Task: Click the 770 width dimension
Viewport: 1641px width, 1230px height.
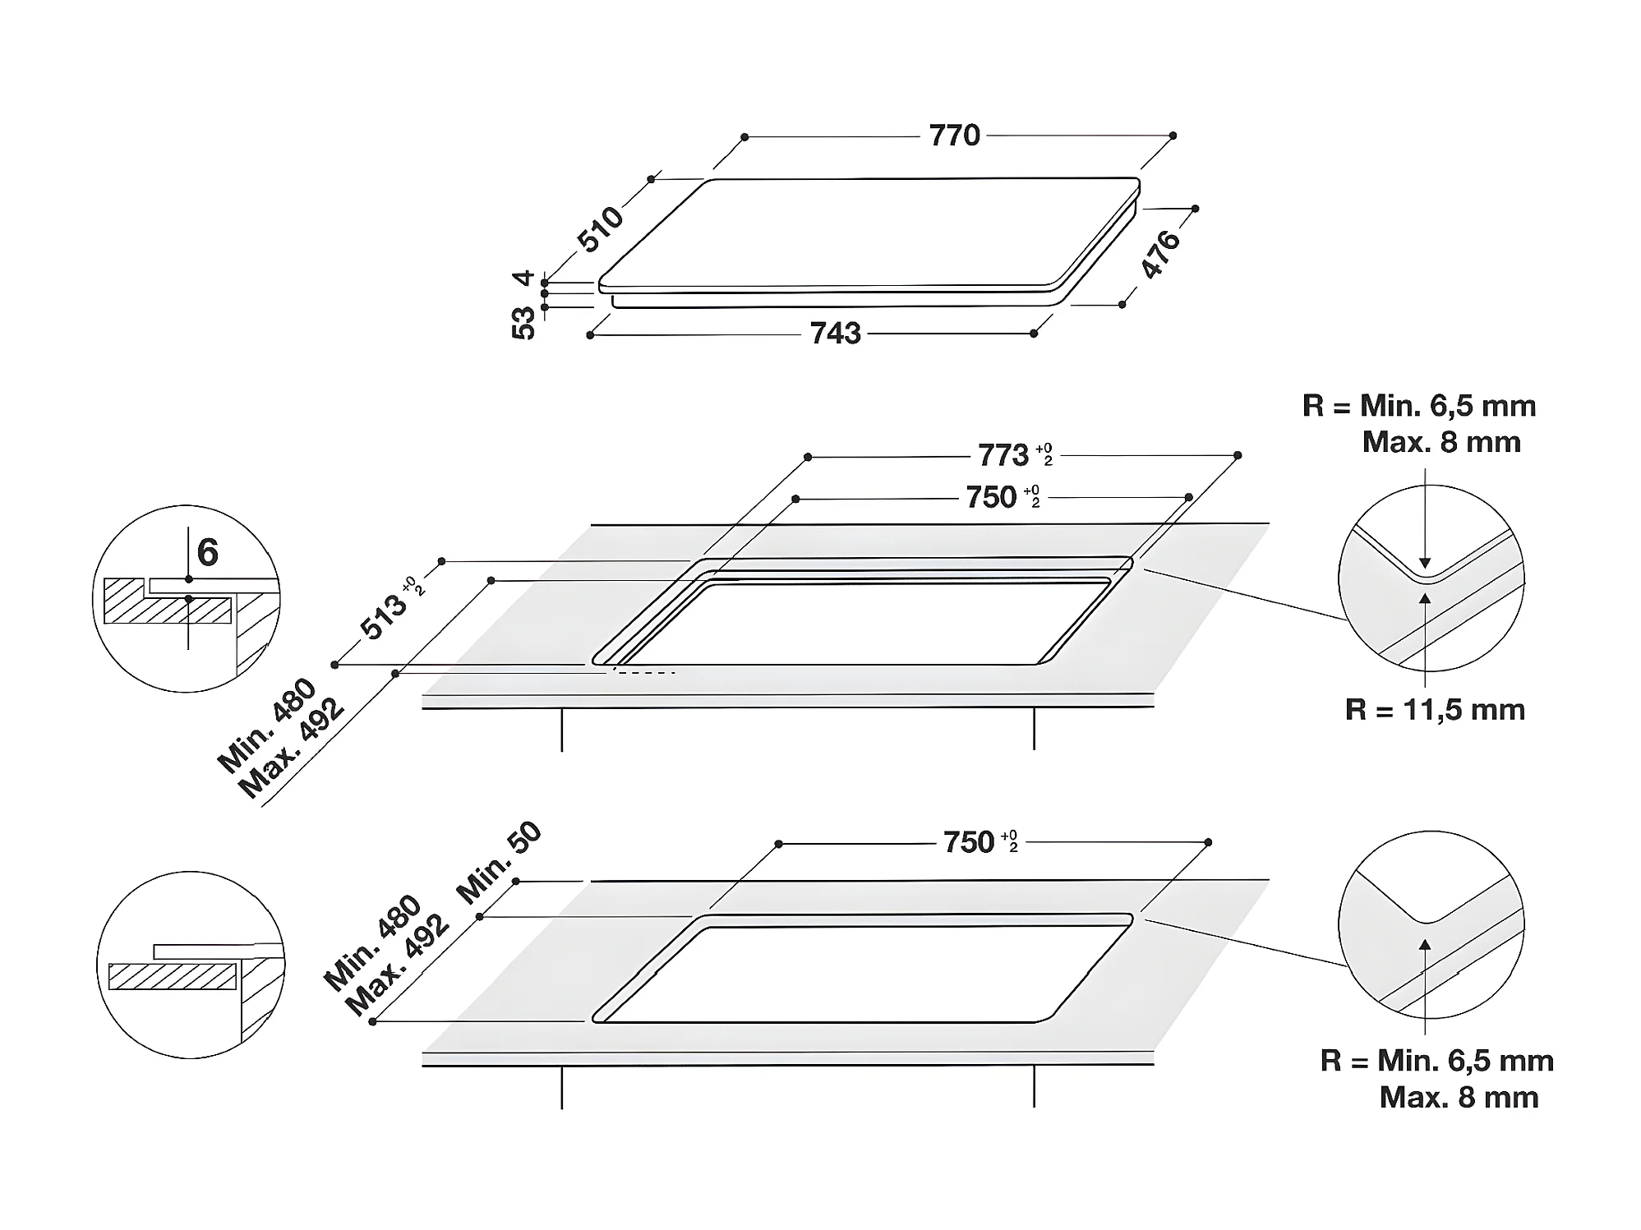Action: [954, 135]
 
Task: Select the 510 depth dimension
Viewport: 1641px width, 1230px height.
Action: [601, 228]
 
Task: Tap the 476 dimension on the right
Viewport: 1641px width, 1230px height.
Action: [1161, 254]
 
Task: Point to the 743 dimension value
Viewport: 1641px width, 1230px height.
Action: [835, 333]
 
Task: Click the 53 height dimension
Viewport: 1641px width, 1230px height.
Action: [523, 322]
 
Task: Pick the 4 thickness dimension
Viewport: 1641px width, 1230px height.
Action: [524, 278]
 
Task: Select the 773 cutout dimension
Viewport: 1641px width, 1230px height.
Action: [1003, 454]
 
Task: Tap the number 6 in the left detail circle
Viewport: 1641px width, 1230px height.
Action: [208, 552]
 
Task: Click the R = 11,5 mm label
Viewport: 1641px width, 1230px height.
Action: [1435, 709]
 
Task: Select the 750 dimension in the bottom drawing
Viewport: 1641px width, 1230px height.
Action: [969, 842]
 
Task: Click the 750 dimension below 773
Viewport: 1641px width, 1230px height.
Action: [991, 497]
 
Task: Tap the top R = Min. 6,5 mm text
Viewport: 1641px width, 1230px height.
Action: [1419, 405]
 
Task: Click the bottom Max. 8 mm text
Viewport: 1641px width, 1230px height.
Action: [1459, 1097]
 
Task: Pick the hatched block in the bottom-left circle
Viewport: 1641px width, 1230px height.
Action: [173, 976]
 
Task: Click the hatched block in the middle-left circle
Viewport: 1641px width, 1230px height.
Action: [168, 601]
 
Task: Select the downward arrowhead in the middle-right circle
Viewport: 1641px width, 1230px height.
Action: [1425, 564]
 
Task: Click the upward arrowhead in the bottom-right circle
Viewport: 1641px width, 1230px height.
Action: [1426, 944]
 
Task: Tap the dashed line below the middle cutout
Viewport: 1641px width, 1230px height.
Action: [643, 673]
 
